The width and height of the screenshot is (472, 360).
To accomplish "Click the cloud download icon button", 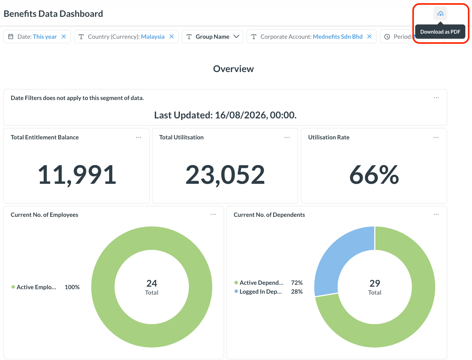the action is [440, 14].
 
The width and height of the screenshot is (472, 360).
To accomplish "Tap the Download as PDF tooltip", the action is [440, 32].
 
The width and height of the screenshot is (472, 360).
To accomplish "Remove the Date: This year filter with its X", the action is [64, 37].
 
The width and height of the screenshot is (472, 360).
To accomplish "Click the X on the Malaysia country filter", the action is [172, 37].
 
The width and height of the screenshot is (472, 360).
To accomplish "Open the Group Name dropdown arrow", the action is [236, 37].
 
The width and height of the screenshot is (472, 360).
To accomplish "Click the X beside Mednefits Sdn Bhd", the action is [369, 37].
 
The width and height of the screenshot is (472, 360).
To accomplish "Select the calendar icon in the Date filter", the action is [10, 37].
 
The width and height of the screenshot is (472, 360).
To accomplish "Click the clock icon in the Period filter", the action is [387, 37].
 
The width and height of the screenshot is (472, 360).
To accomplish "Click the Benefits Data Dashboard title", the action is [53, 14].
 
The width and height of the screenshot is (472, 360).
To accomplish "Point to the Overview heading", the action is [233, 69].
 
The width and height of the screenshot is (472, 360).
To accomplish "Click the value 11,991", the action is [77, 175].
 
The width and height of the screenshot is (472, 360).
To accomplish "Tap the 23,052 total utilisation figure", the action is [225, 175].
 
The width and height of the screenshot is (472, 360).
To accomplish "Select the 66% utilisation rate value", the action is [374, 175].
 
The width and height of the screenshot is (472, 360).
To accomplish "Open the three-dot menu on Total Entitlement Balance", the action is [138, 137].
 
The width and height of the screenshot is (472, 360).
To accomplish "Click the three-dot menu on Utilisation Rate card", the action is [436, 137].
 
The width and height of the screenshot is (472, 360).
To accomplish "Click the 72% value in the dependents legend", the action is [297, 283].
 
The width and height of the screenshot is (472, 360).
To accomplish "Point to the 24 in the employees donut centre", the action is [152, 283].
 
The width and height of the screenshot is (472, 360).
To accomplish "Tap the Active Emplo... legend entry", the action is [34, 287].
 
